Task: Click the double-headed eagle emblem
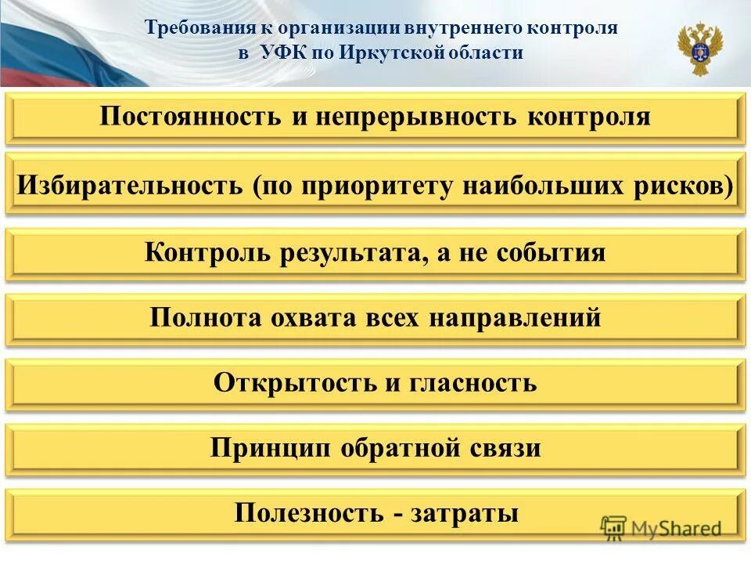[699, 49]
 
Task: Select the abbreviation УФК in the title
[280, 53]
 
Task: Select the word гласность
[472, 383]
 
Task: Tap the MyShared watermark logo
[662, 528]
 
